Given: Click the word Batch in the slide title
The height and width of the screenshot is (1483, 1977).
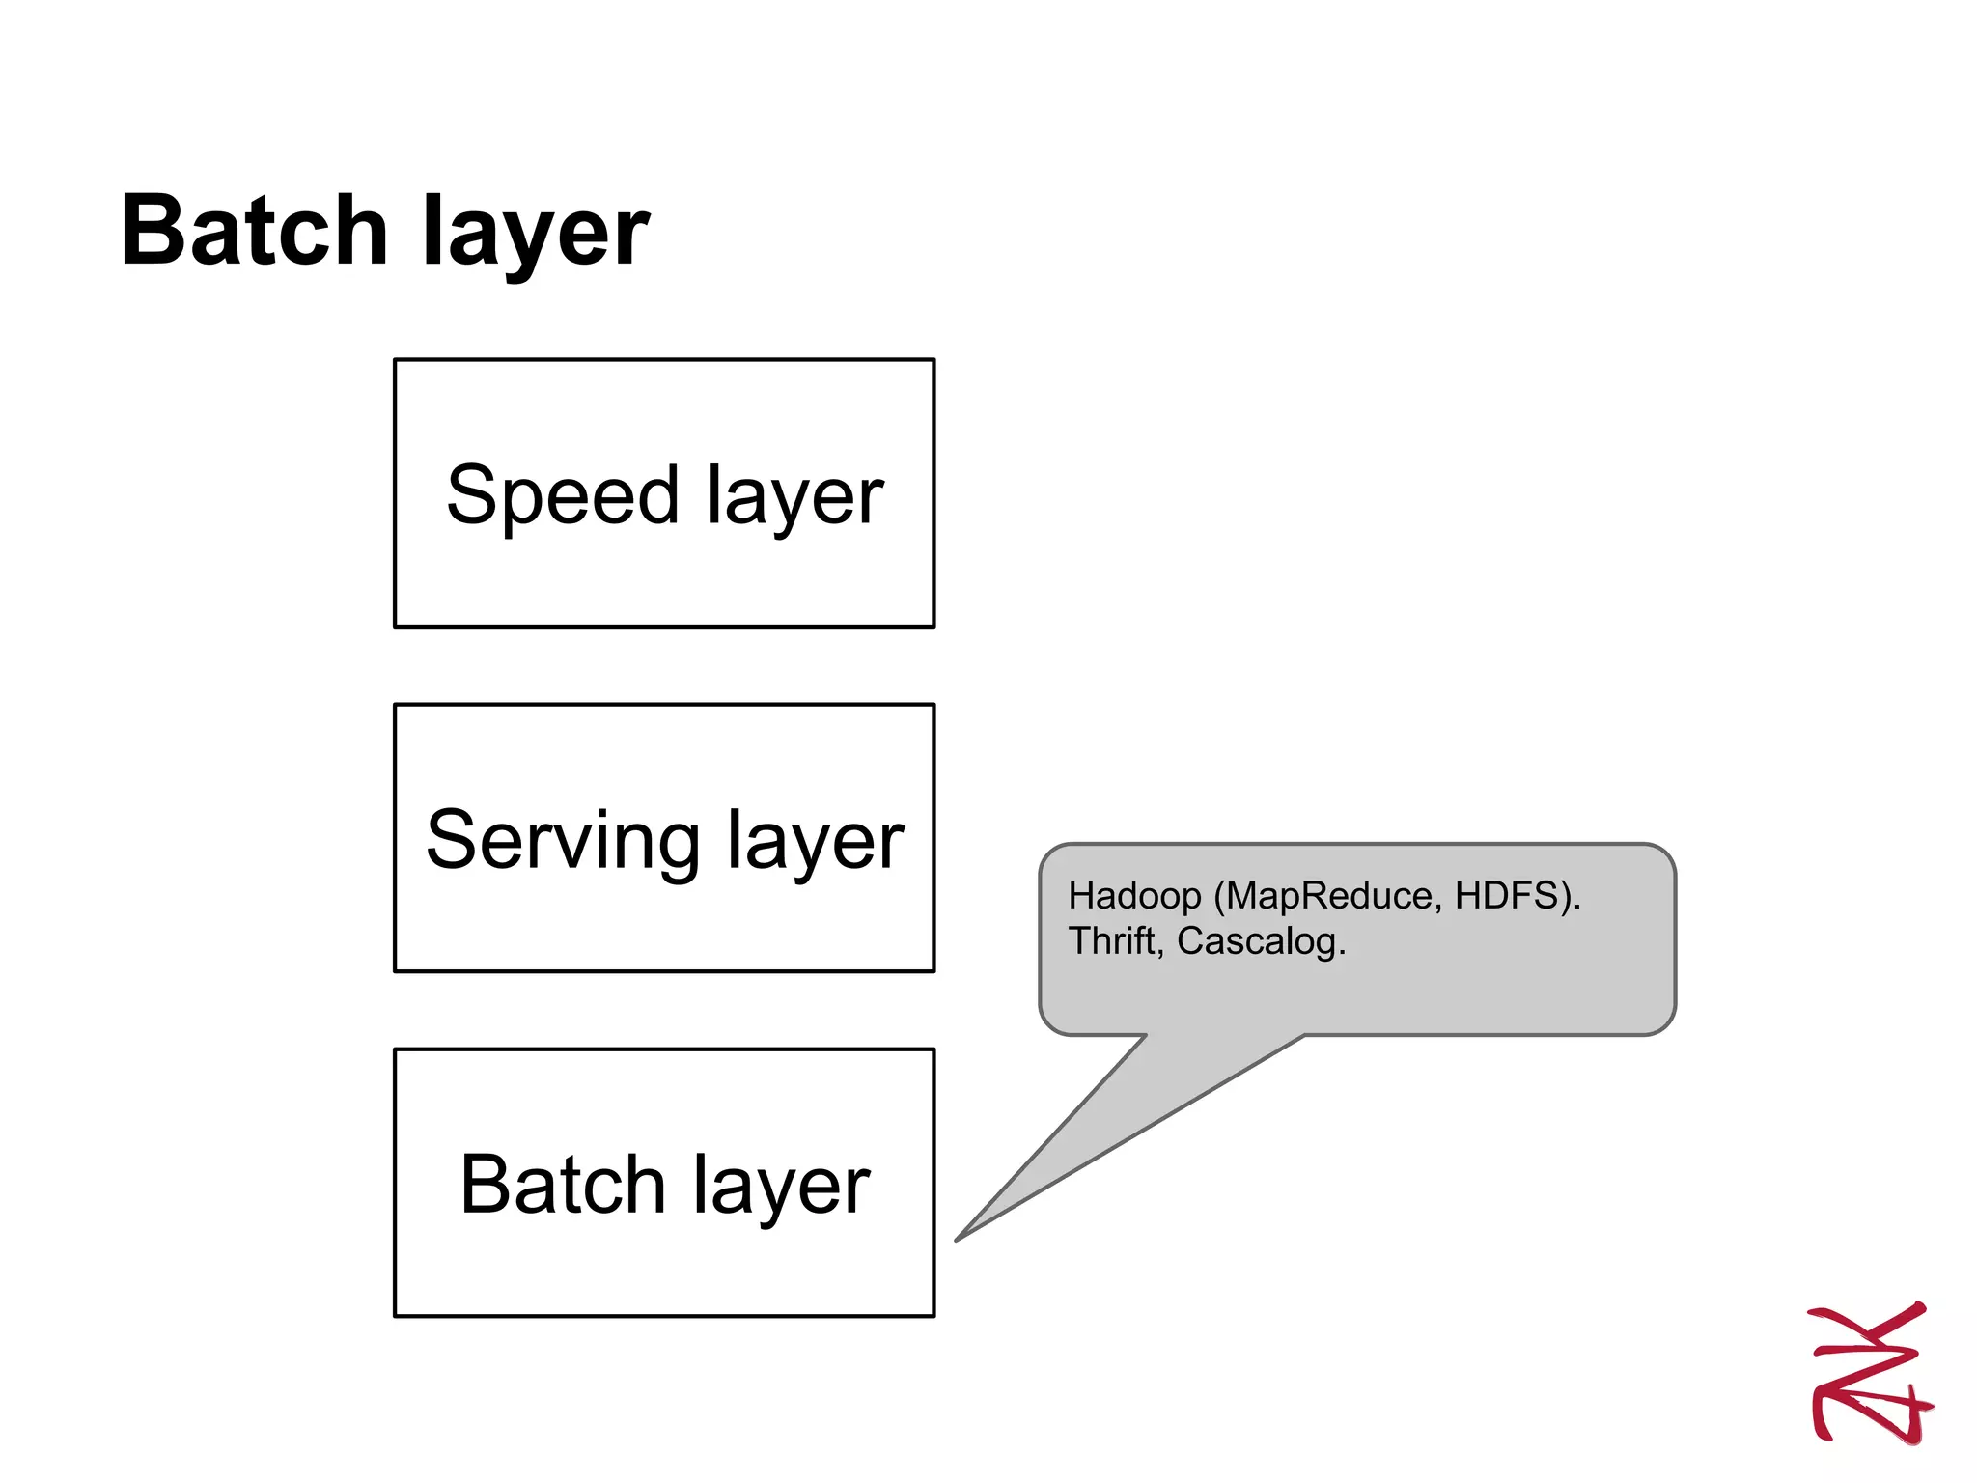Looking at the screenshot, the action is point(253,232).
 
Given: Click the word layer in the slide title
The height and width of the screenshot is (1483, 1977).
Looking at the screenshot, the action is point(536,237).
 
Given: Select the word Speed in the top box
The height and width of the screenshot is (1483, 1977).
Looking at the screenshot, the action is point(563,496).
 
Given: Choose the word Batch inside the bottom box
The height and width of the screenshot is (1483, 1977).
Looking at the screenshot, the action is point(562,1185).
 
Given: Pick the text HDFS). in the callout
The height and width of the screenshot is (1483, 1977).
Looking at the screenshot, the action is point(1518,897).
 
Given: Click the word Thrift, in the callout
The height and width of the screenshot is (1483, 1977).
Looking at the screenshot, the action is point(1116,941).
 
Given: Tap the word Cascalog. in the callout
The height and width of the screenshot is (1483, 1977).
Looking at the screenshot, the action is point(1261,942).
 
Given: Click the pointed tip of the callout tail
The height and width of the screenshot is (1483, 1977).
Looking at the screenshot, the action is point(959,1239).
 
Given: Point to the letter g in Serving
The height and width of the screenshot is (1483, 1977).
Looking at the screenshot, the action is point(676,850).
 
